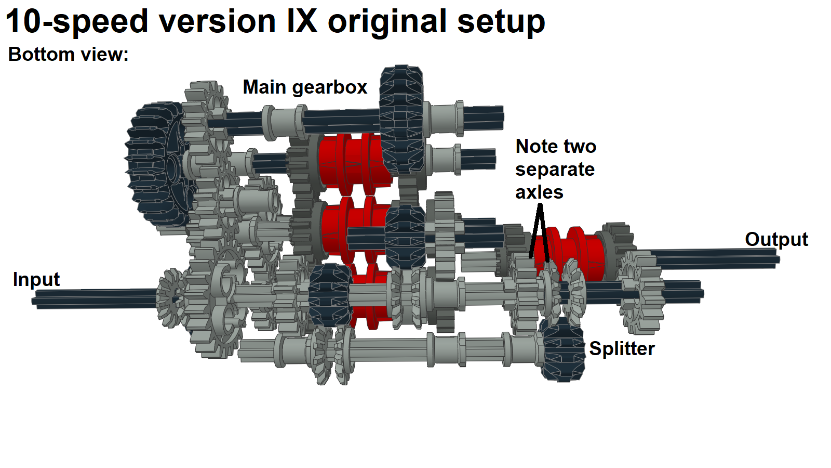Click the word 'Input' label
(36, 280)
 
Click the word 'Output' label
(776, 240)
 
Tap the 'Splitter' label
(622, 349)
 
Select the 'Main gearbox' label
(305, 87)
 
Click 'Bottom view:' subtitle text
(68, 55)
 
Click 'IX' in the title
(301, 22)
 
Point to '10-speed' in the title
(77, 22)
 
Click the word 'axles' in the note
(539, 192)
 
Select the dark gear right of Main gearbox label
(401, 120)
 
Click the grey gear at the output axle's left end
(641, 291)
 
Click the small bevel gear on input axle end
(170, 298)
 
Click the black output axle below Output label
(717, 258)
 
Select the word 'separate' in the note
(555, 170)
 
